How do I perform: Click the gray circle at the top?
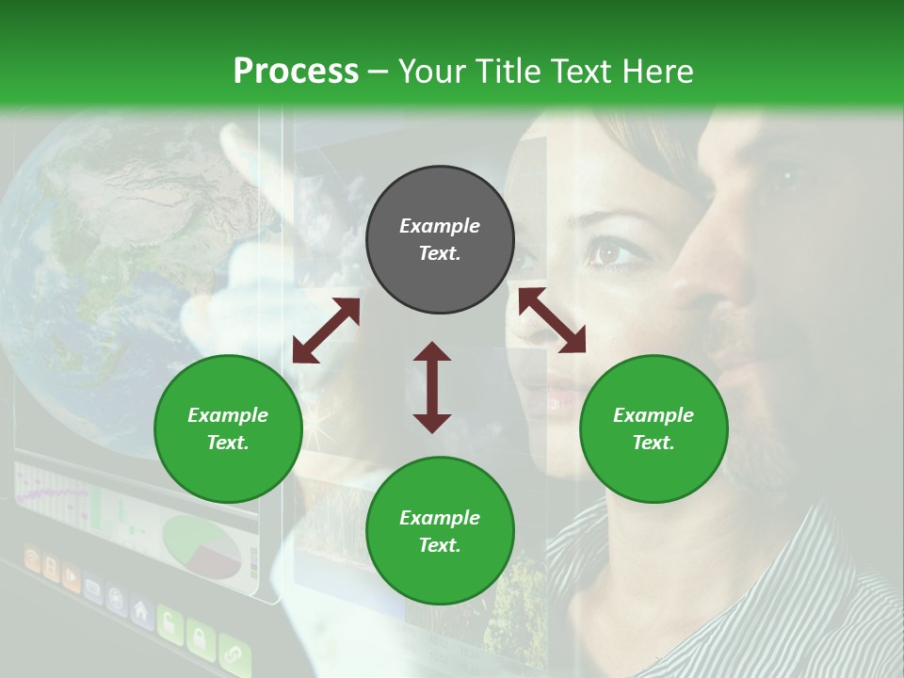440,239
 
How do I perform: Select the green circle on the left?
228,428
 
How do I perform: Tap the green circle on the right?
654,428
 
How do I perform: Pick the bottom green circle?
440,531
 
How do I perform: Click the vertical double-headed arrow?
432,387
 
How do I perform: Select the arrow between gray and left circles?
326,331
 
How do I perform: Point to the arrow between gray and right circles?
552,320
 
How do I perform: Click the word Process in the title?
296,71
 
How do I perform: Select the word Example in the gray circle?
440,226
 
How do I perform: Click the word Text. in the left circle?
228,443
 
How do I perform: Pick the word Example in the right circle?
654,415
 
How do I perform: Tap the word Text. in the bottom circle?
440,545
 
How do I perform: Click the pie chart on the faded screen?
202,545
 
